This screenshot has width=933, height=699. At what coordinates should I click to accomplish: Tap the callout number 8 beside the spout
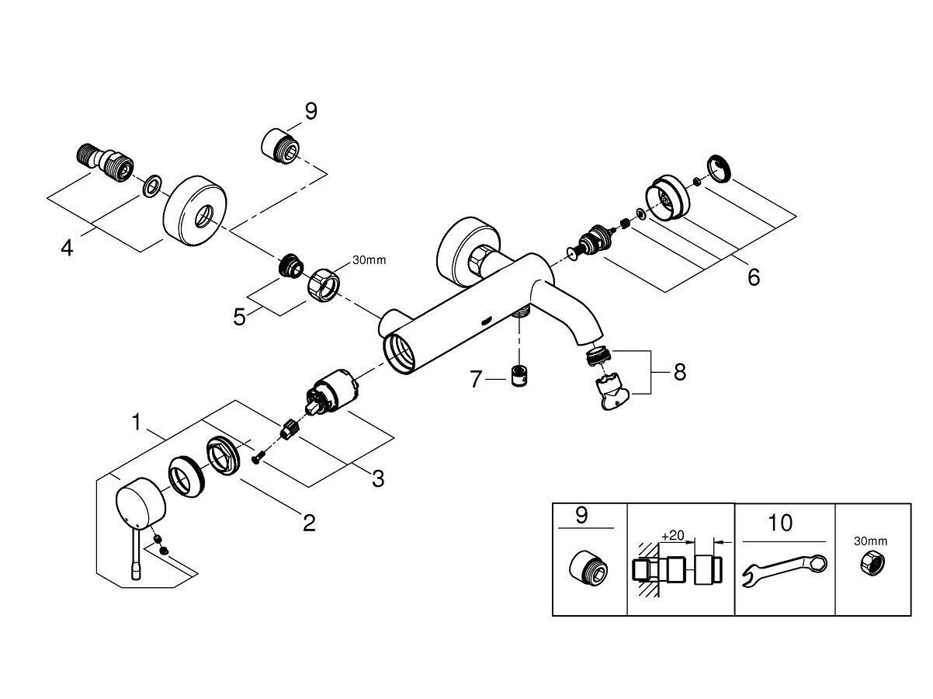point(680,372)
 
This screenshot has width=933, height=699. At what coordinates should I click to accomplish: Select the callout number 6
point(753,276)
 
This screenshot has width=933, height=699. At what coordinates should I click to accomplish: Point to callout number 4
point(68,249)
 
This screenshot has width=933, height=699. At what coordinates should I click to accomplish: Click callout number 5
point(240,316)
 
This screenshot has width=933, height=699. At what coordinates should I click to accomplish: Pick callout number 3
point(377,478)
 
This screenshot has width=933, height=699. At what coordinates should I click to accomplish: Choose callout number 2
point(309,523)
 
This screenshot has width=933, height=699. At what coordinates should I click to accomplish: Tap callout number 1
point(137,423)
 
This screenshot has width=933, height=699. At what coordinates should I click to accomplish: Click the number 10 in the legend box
point(781,523)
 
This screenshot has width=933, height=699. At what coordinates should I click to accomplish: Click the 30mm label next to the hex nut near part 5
point(369,260)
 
